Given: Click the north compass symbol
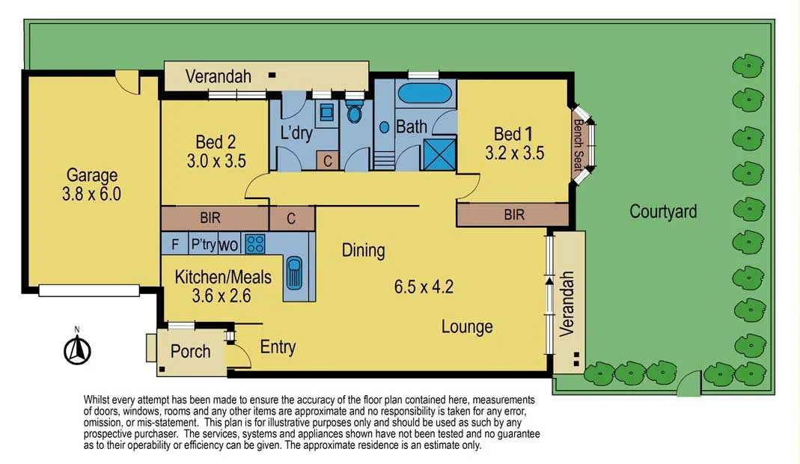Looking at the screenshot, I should click(x=76, y=349).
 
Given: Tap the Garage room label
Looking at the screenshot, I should click(x=92, y=176).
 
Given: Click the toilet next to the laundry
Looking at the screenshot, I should click(x=355, y=113).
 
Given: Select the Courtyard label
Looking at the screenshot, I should click(x=662, y=212).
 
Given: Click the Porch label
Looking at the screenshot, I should click(x=190, y=352).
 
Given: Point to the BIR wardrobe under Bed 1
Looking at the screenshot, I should click(x=513, y=216).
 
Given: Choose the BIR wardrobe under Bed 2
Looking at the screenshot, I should click(x=210, y=219).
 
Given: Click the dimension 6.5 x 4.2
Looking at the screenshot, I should click(x=424, y=286).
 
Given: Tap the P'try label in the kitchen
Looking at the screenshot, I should click(x=203, y=243).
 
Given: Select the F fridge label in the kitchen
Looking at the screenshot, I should click(x=174, y=243).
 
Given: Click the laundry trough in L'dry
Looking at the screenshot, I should click(x=327, y=113).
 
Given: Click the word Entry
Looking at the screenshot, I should click(x=278, y=347).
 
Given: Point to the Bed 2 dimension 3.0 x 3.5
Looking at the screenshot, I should click(x=216, y=160).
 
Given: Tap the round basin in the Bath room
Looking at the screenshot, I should click(x=385, y=127).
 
